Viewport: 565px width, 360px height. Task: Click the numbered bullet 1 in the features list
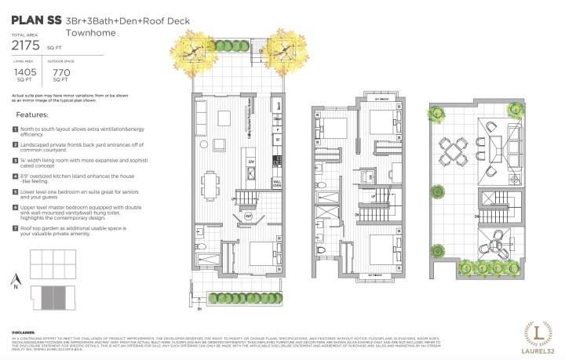pos(15,129)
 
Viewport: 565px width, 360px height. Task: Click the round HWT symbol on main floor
pos(248,213)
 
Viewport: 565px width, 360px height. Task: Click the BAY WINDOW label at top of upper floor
pos(381,100)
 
